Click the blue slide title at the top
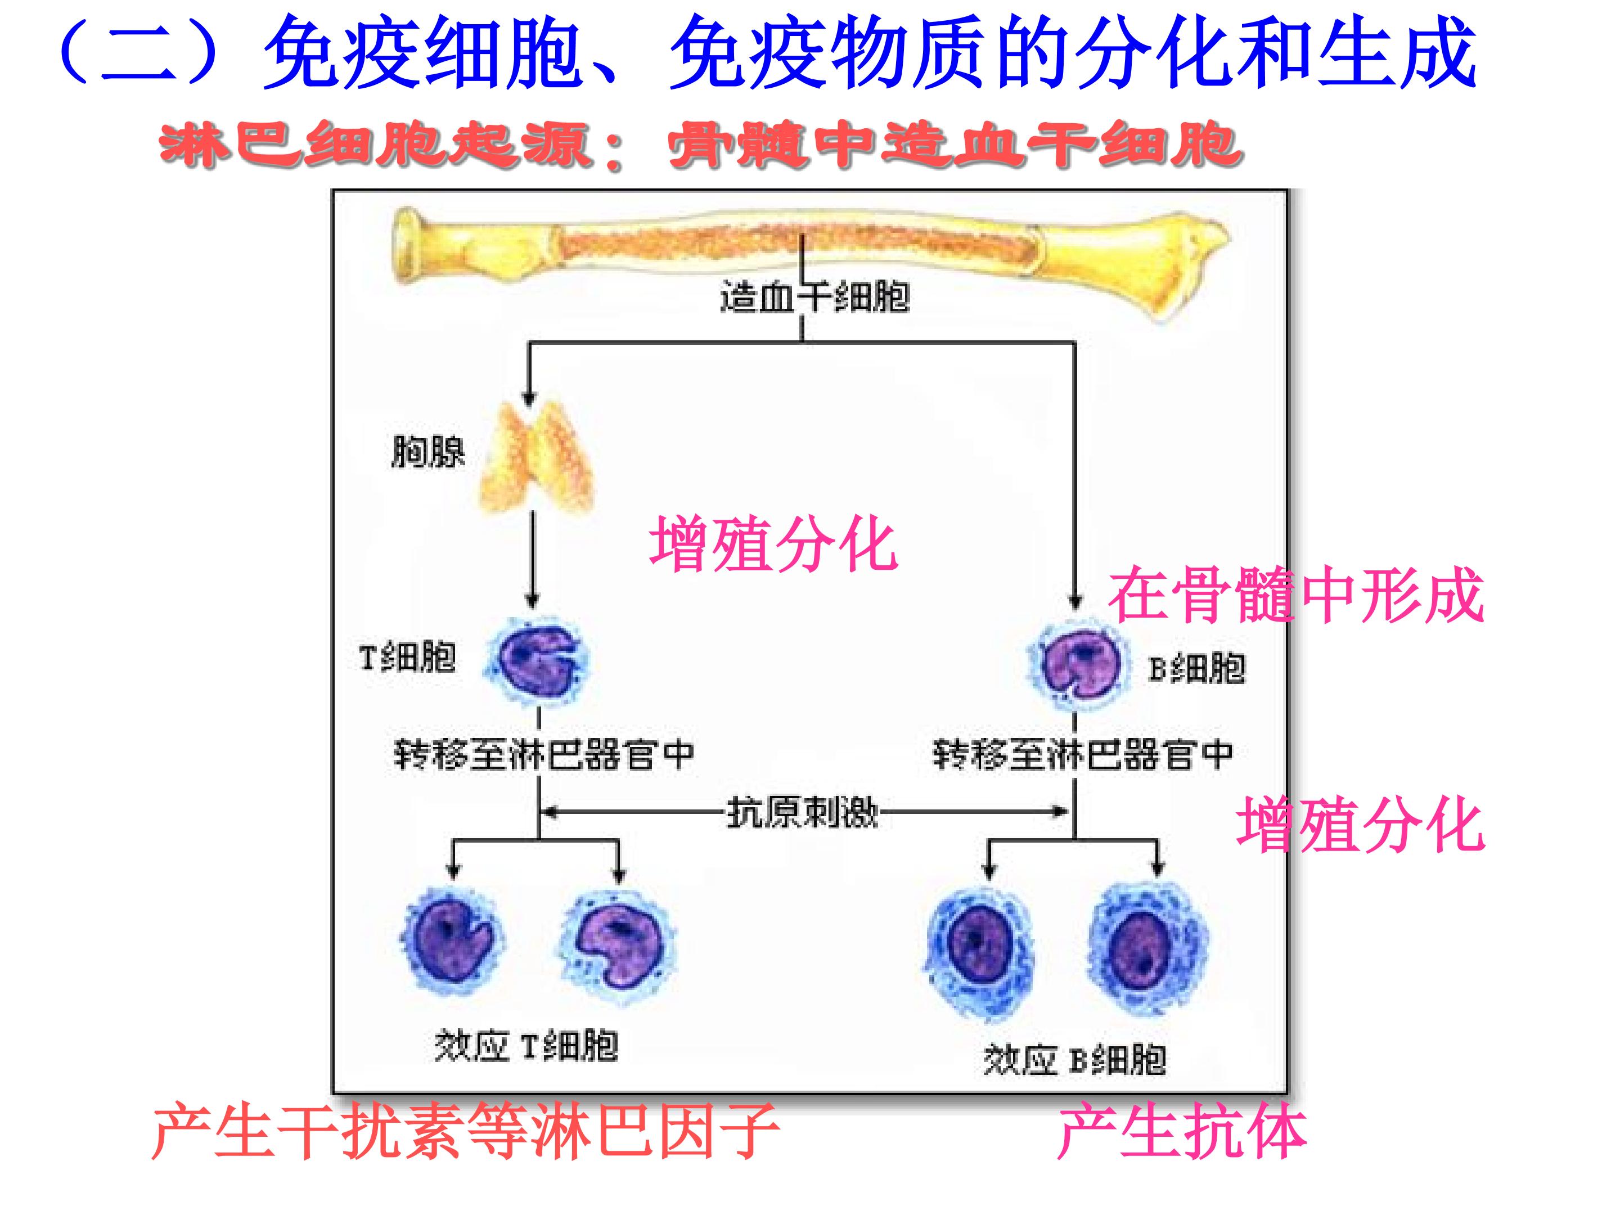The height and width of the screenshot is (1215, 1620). click(767, 53)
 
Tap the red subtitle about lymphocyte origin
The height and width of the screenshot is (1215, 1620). click(701, 146)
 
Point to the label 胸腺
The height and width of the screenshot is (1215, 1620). click(429, 451)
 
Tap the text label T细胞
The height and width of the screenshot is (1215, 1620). click(407, 657)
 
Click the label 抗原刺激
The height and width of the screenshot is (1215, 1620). click(802, 812)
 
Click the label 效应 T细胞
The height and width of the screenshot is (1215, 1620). click(526, 1045)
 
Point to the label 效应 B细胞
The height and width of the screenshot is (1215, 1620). click(1074, 1059)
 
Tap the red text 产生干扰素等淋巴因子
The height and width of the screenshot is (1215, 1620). click(466, 1132)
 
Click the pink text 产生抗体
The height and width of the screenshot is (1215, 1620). click(1182, 1132)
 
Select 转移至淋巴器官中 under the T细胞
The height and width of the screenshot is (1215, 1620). click(543, 754)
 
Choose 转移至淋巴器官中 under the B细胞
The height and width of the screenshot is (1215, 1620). click(1082, 754)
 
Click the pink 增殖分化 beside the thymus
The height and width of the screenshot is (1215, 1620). click(773, 543)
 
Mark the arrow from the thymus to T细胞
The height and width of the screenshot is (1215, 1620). click(533, 560)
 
